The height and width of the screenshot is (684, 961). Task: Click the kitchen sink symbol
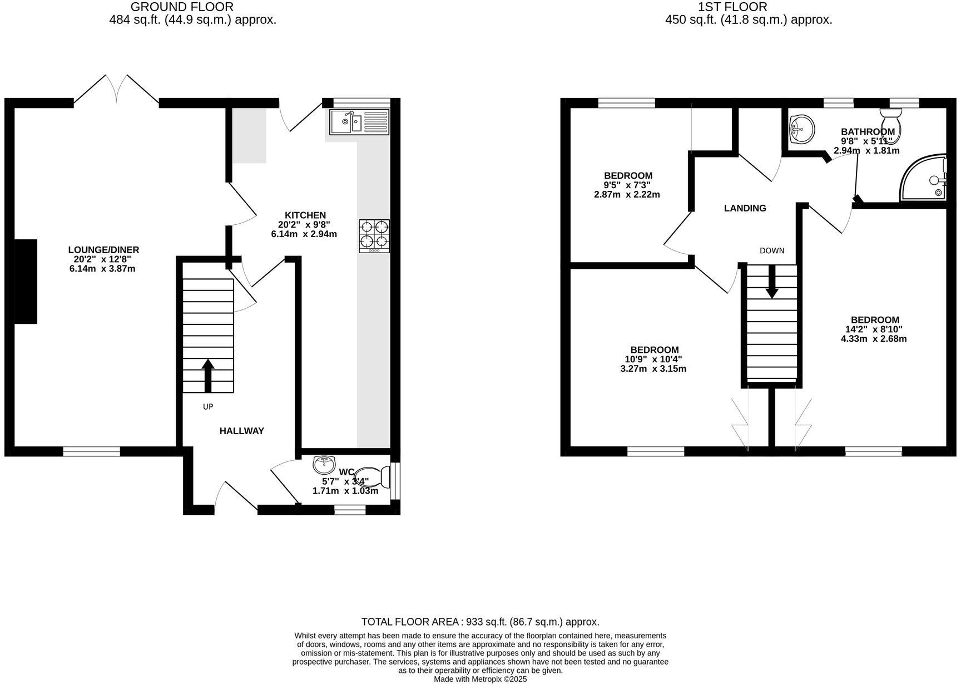pos(359,122)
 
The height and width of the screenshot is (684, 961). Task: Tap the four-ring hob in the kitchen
pos(374,236)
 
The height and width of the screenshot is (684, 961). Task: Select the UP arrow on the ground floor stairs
pos(208,376)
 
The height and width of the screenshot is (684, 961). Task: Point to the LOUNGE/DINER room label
pos(103,250)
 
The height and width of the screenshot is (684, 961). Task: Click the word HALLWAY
pos(241,431)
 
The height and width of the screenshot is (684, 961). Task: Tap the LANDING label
pos(745,208)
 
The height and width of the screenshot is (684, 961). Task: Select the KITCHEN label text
pos(305,215)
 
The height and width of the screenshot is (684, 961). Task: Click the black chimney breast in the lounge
pos(26,281)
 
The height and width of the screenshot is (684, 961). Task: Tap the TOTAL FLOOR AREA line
pos(480,622)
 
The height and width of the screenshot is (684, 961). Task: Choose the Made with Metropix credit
pos(480,679)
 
